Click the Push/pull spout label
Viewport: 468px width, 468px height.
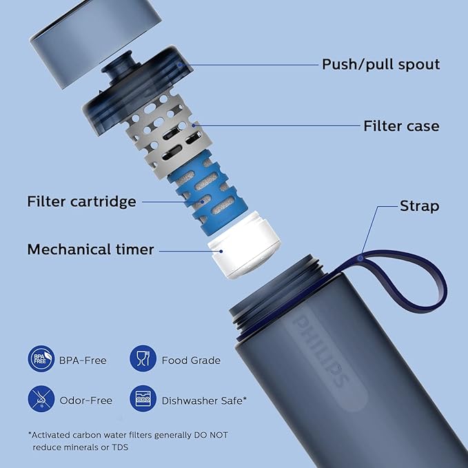coord(380,65)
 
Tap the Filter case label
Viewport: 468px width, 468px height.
coord(401,126)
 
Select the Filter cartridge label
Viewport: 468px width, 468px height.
coord(81,202)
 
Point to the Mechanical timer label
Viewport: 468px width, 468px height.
coord(90,250)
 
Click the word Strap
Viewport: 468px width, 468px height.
coord(419,206)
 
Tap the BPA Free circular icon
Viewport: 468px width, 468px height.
coord(41,359)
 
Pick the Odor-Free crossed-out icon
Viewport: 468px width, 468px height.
coord(41,399)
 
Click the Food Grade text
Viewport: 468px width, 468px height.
coord(191,360)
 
